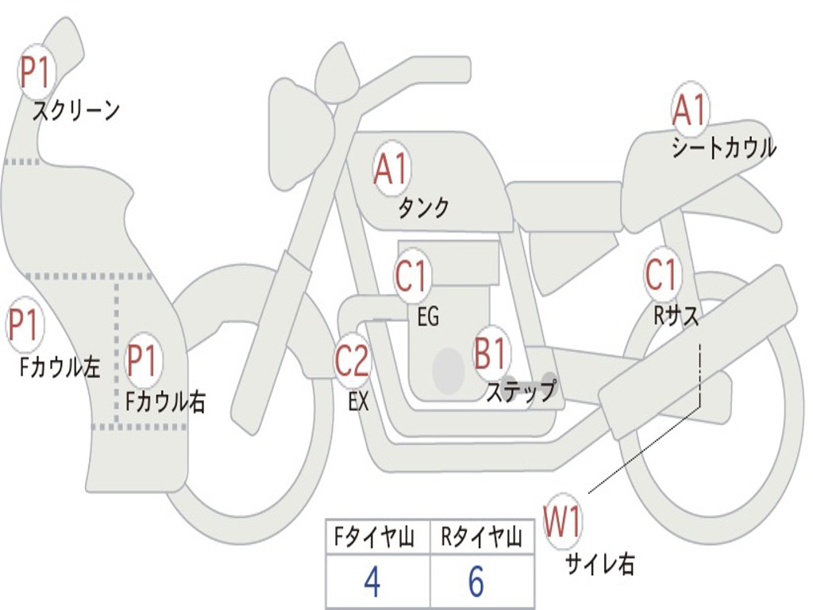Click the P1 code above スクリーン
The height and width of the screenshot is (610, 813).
(35, 72)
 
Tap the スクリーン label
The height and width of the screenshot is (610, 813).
(75, 110)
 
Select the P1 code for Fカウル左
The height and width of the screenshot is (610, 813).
(24, 326)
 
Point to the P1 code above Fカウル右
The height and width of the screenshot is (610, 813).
(143, 361)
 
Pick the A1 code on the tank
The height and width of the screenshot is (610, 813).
(391, 169)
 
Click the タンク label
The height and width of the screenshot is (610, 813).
(423, 208)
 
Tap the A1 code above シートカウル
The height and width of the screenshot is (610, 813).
(688, 110)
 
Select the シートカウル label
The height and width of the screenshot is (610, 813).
(723, 148)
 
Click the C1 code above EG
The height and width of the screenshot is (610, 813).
(411, 276)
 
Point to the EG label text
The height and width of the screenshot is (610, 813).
(428, 317)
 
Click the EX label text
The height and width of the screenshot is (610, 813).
(359, 401)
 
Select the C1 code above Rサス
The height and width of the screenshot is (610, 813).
(661, 275)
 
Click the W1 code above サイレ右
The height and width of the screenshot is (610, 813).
(563, 523)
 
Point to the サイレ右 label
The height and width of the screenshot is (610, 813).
(599, 564)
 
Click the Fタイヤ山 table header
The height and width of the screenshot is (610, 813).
(374, 539)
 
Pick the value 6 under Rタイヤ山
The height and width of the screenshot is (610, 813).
(476, 582)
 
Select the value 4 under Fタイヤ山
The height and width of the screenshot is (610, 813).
(372, 582)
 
